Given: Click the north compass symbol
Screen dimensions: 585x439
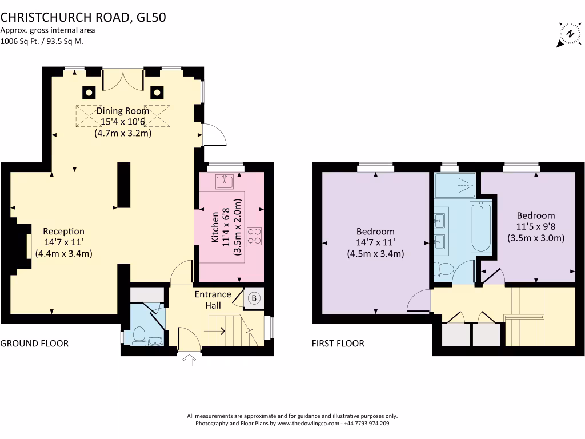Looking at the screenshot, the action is point(570,34).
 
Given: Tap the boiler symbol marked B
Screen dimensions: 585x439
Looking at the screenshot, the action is point(254,298).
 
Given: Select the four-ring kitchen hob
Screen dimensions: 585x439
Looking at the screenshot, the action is point(254,236).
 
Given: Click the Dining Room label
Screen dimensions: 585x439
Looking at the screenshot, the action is point(123,111).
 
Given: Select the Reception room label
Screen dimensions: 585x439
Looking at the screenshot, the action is point(64,232).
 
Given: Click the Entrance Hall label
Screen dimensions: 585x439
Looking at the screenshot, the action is point(213,300).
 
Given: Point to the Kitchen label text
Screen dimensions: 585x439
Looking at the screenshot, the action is point(215,227).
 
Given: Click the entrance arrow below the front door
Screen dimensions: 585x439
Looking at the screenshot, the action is point(189,360).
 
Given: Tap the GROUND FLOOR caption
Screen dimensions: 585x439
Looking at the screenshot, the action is point(34,344).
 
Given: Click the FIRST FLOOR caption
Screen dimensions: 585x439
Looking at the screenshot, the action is point(338,344).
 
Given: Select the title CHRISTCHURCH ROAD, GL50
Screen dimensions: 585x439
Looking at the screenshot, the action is point(83,17).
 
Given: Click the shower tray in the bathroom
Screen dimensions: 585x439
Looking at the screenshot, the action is point(455,185).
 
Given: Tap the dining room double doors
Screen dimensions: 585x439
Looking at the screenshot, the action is point(123,79).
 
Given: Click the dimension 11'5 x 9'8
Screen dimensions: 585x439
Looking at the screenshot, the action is point(536,226).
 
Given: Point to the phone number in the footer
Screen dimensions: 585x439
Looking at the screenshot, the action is point(367,424).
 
